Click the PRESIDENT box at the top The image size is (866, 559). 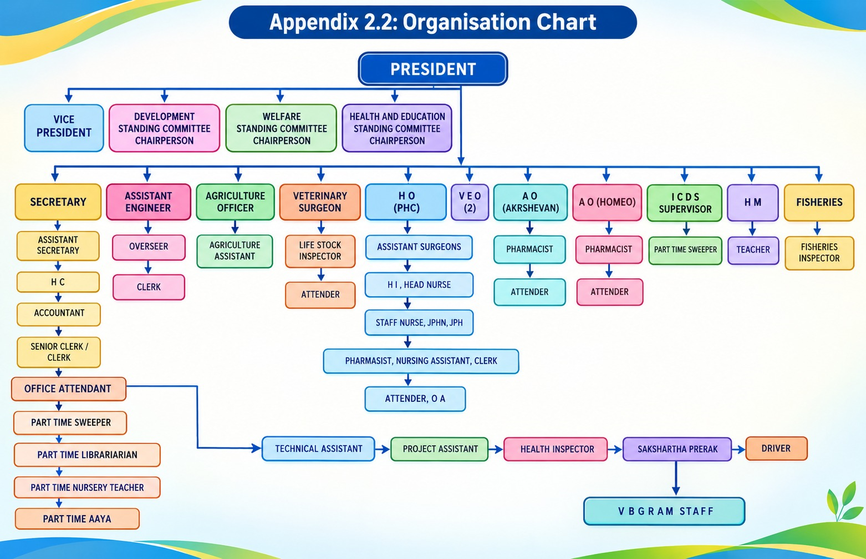(x=432, y=69)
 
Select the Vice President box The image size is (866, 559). (x=64, y=128)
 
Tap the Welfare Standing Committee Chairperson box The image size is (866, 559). (x=281, y=128)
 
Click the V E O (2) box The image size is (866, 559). (x=470, y=202)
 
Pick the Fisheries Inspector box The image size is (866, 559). (x=819, y=253)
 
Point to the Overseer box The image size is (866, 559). (x=149, y=247)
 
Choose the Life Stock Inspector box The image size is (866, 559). (x=320, y=251)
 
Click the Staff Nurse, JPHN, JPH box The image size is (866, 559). (x=419, y=323)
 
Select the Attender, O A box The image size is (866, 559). (x=415, y=399)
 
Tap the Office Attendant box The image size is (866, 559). (x=68, y=389)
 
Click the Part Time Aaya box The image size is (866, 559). (x=77, y=518)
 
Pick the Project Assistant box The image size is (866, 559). (x=440, y=449)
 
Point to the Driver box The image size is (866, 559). (x=776, y=449)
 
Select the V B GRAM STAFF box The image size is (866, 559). (x=664, y=511)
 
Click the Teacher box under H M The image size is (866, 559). (x=753, y=250)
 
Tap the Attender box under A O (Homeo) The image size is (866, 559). (x=610, y=292)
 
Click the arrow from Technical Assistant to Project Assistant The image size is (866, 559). (x=383, y=449)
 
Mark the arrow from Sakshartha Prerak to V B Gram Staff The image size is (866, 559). (x=676, y=478)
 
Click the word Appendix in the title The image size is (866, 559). (x=314, y=22)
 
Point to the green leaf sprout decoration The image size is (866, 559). (x=844, y=501)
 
